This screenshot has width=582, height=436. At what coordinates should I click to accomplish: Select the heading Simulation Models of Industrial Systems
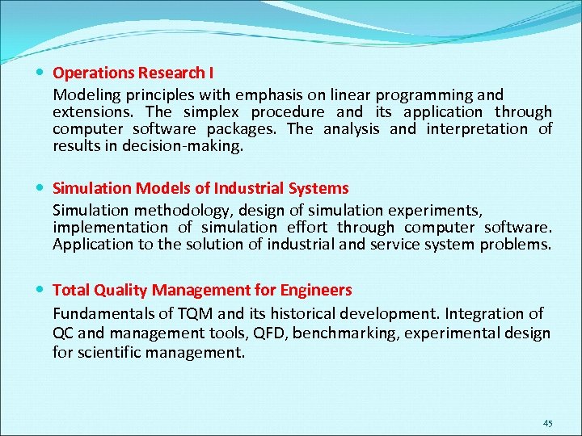click(x=200, y=188)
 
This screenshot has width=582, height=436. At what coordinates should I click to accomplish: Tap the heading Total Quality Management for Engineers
click(x=202, y=290)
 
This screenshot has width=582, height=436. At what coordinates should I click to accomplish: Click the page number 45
click(x=548, y=424)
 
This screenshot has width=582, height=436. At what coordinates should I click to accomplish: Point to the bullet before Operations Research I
click(x=40, y=73)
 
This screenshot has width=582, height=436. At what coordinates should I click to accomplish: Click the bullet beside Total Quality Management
click(x=40, y=290)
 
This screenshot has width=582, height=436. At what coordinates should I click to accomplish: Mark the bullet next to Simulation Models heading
click(x=40, y=188)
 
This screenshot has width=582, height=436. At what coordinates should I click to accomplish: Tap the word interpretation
click(x=477, y=129)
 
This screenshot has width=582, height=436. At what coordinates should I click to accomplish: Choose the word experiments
click(x=439, y=211)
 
